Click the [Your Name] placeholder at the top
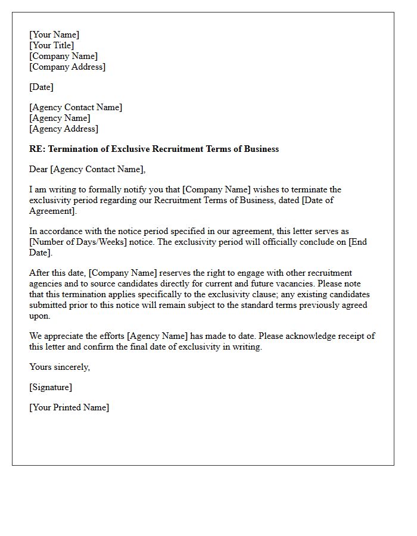pos(54,35)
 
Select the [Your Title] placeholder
pos(52,46)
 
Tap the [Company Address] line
pos(67,67)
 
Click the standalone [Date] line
pos(41,88)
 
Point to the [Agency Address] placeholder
pos(64,129)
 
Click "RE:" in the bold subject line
pos(37,149)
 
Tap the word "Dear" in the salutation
pos(39,170)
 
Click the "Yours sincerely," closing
pos(60,367)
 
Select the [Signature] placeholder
pos(51,388)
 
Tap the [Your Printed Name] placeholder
pos(69,408)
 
